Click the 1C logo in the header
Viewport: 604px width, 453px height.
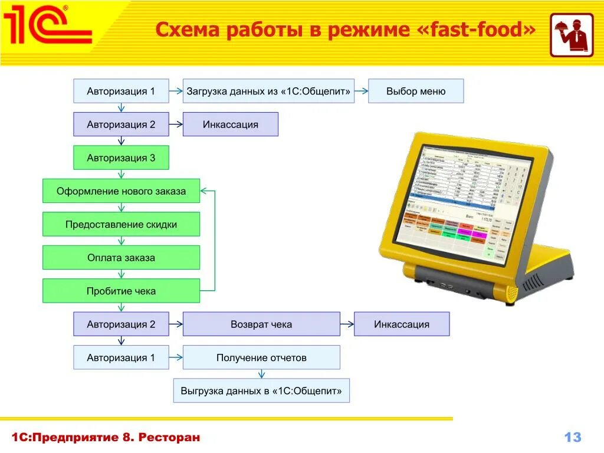(x=47, y=25)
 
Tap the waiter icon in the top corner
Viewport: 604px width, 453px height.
(x=572, y=35)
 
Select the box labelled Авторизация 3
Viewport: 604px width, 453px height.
(x=121, y=158)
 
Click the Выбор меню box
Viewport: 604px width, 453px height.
(x=416, y=91)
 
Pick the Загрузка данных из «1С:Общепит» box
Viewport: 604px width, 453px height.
(x=268, y=91)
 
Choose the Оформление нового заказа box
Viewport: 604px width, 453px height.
(x=121, y=191)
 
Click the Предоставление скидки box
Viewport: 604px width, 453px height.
(x=121, y=225)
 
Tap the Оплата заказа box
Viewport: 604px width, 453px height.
(x=121, y=258)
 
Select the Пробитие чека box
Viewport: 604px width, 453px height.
(x=121, y=291)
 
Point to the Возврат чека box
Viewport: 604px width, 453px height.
(x=261, y=324)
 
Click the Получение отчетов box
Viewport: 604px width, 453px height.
(x=261, y=358)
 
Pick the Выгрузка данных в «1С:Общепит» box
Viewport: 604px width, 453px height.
(x=261, y=391)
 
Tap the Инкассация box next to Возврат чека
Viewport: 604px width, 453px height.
(x=401, y=324)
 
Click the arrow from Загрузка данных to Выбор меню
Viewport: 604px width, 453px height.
(x=362, y=91)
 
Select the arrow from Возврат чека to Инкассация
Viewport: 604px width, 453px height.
(x=347, y=324)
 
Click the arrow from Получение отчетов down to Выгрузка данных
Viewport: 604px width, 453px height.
(x=261, y=373)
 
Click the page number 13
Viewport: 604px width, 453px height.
(x=573, y=437)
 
